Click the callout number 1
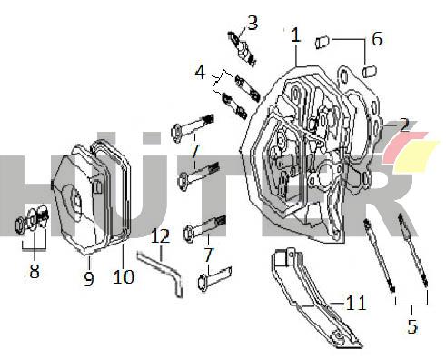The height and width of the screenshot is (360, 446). [295, 35]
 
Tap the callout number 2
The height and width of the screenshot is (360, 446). [404, 125]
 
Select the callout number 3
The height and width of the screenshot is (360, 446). [253, 23]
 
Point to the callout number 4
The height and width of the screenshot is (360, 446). [200, 72]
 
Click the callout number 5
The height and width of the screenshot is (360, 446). [412, 326]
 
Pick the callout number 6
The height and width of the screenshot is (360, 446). [377, 39]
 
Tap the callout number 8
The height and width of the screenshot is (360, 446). [35, 271]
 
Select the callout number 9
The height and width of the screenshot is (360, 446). [88, 279]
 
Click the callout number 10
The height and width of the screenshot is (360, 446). [123, 276]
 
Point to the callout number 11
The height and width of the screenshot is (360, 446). [355, 303]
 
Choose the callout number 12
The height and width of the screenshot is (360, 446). [160, 236]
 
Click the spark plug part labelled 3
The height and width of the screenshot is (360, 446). [243, 48]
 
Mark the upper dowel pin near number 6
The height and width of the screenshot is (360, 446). [323, 42]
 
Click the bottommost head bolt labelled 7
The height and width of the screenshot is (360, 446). [214, 277]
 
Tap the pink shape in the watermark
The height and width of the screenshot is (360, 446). [404, 145]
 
